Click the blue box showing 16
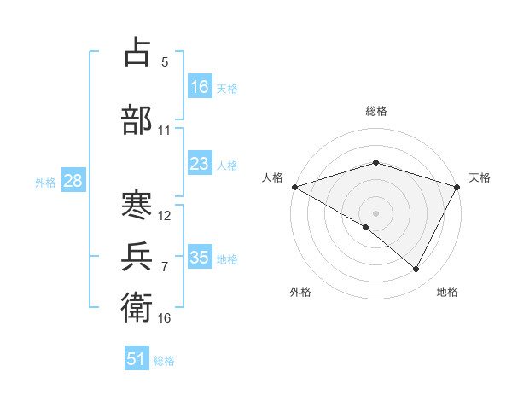(x=200, y=87)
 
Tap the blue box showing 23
(x=200, y=164)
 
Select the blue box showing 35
(x=200, y=258)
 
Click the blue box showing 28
(x=72, y=181)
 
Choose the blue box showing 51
(x=137, y=359)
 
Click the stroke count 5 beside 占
(x=165, y=62)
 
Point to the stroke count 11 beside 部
(x=165, y=131)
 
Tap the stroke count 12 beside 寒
(x=165, y=216)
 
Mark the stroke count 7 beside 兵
(x=165, y=267)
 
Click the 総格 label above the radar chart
(x=376, y=111)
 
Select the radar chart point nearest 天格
(x=458, y=187)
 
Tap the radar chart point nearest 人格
(x=294, y=187)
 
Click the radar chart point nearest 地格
(x=416, y=270)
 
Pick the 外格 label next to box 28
(x=45, y=182)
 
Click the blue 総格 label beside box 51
(x=164, y=361)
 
